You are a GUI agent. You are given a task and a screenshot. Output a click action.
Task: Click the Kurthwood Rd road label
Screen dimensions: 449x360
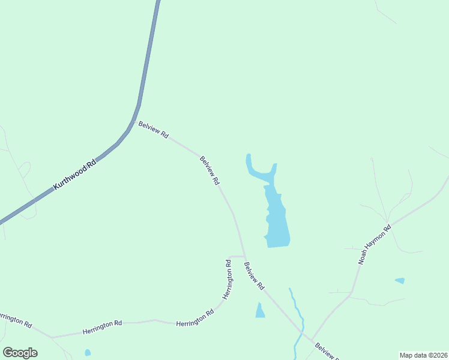tap(75, 176)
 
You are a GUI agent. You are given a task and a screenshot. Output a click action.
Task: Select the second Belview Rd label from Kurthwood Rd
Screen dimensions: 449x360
tap(209, 170)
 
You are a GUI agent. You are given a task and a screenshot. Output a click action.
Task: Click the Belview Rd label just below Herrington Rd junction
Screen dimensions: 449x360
tap(254, 276)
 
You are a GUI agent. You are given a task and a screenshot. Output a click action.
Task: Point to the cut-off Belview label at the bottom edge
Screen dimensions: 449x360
tap(328, 352)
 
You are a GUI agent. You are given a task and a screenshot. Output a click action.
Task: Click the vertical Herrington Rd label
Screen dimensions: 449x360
tap(228, 279)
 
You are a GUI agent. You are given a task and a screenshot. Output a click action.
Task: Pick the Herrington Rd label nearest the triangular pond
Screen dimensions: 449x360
tap(195, 319)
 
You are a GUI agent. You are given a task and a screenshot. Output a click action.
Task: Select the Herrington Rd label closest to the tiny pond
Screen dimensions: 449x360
tap(101, 327)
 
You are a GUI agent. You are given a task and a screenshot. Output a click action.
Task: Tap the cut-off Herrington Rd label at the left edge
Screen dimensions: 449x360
tap(15, 319)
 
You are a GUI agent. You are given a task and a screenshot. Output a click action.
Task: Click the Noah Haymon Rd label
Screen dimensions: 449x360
tap(375, 245)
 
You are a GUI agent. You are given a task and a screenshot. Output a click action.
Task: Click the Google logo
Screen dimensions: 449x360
tap(20, 353)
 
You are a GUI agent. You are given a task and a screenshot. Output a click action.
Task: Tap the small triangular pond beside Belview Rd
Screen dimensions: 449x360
tap(259, 311)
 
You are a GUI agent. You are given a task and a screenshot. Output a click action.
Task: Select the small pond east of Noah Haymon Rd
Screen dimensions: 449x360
tap(400, 280)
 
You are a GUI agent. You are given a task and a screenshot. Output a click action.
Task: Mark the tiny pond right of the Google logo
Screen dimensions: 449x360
tap(88, 352)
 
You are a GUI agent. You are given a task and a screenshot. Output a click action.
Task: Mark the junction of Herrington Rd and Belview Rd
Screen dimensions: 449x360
tap(244, 256)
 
